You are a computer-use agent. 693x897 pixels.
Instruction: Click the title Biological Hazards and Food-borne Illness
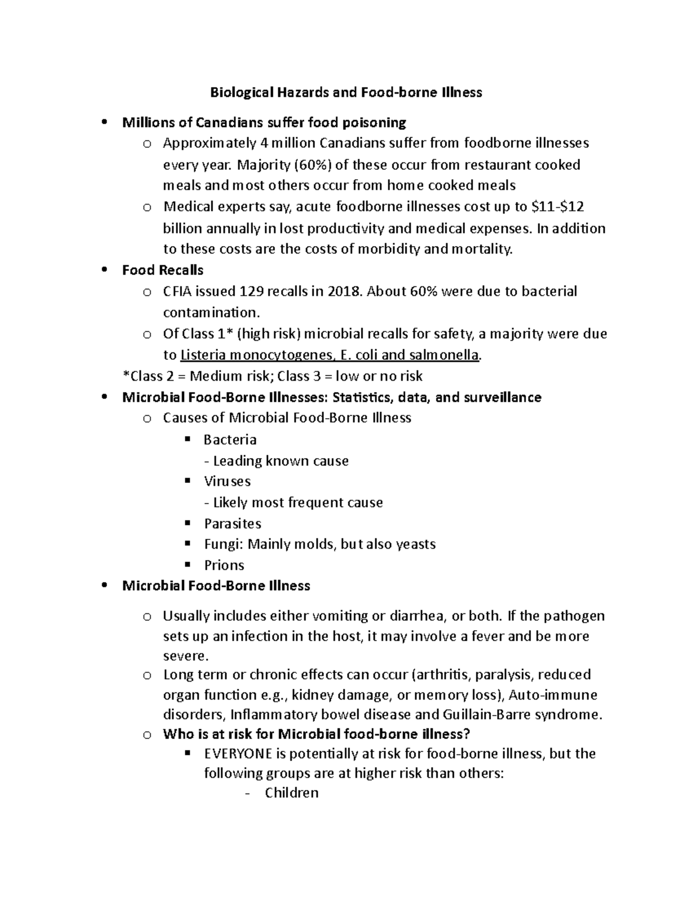[345, 92]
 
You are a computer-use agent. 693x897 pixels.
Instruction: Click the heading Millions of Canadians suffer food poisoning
[264, 122]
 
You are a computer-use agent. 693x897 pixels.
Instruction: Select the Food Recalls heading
[163, 270]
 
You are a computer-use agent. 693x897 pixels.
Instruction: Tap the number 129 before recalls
[252, 291]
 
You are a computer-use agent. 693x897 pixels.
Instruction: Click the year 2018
[344, 291]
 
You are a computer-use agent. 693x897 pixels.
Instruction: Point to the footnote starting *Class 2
[273, 377]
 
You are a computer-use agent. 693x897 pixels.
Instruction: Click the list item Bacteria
[230, 440]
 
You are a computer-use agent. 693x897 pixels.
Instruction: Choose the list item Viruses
[227, 482]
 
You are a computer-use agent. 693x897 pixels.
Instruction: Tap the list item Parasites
[232, 524]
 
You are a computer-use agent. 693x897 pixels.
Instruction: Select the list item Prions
[224, 565]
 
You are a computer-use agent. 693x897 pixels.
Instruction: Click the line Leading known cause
[277, 461]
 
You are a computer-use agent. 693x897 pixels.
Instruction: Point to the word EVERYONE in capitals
[239, 754]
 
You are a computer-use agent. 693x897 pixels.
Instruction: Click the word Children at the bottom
[292, 793]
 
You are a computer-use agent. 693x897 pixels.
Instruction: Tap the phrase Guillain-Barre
[482, 714]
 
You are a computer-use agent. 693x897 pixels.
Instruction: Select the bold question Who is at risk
[316, 734]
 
